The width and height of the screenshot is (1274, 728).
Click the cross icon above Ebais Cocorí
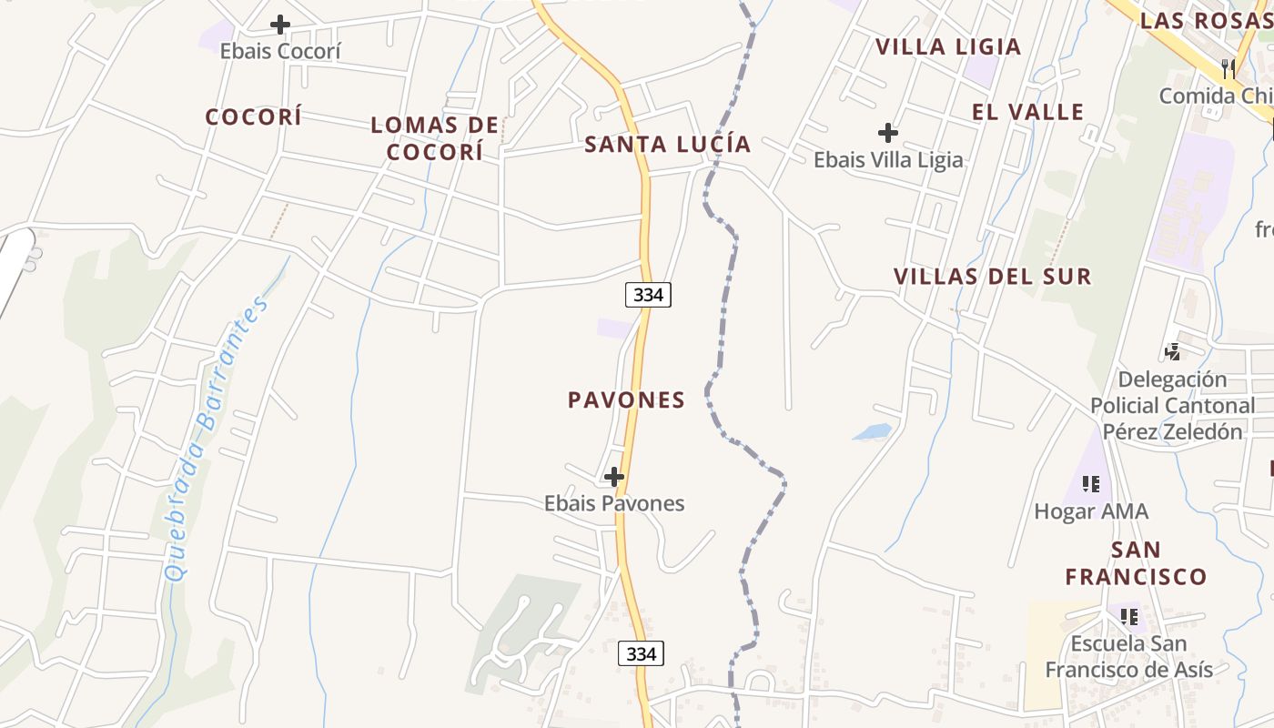[280, 25]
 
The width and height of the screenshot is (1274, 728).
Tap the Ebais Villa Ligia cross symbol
[888, 133]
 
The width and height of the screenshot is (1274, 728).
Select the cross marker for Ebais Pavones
[614, 476]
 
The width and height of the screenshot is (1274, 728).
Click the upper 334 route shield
[648, 295]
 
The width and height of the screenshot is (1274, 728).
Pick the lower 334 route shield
[641, 653]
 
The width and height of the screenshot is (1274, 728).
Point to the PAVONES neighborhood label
[626, 400]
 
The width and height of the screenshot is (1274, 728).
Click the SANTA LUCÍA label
[668, 144]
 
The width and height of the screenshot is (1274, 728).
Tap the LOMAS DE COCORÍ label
[435, 138]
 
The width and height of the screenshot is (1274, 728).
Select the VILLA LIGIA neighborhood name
[948, 46]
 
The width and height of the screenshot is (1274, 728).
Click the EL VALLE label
[1028, 112]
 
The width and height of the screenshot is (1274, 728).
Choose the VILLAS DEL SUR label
[992, 277]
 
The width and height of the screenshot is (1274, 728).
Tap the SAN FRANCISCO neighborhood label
[1136, 563]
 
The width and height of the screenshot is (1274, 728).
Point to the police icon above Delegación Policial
[1173, 351]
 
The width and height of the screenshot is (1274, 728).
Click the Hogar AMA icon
[1090, 484]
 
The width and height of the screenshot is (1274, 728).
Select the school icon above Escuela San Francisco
[1129, 617]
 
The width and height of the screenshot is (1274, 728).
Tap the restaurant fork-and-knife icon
[1228, 68]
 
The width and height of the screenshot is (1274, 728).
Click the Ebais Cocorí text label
[280, 51]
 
